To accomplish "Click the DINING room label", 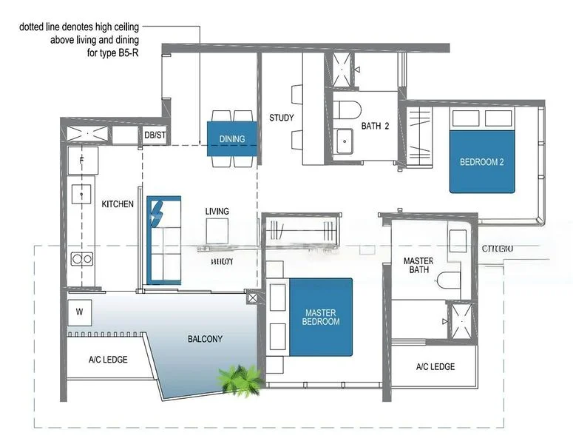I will click(x=232, y=139).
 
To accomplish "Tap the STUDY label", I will click(x=281, y=118).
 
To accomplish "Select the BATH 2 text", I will click(x=375, y=126).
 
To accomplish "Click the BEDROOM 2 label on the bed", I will click(x=481, y=162).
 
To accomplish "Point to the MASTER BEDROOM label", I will click(x=321, y=317).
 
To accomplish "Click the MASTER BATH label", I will click(x=418, y=266).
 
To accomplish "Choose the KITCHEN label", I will click(x=118, y=204).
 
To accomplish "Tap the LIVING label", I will click(x=217, y=212).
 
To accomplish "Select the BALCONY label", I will click(x=205, y=340).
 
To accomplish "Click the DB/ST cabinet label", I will click(x=155, y=135).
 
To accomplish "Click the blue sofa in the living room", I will click(x=163, y=240).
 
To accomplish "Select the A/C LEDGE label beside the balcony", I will click(x=108, y=360).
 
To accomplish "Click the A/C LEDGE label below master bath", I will click(x=435, y=367).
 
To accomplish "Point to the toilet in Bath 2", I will click(x=346, y=110).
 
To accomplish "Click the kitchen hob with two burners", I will click(x=81, y=258).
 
